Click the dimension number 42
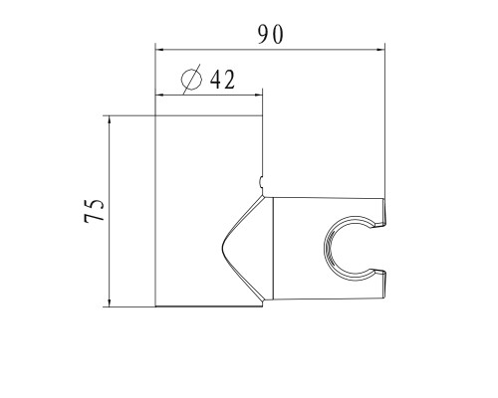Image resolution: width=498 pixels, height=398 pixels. coord(221,80)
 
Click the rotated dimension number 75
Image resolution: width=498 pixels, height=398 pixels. coord(94,211)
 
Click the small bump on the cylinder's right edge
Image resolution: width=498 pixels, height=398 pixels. coord(262,181)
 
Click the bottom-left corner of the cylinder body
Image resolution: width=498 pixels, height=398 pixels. coord(157,306)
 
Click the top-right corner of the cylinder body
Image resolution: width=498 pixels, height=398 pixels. coord(264,115)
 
